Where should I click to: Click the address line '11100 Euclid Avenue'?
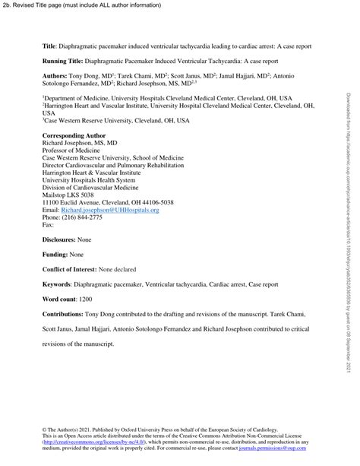click(76, 202)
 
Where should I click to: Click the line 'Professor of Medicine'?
click(74, 147)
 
